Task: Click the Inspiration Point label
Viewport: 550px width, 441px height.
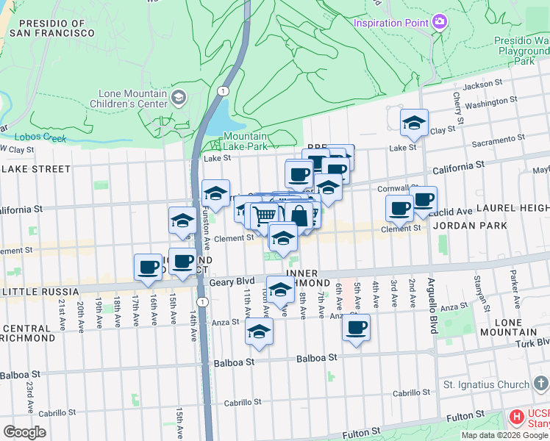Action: pos(390,23)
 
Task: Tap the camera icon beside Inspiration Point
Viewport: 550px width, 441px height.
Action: pos(440,21)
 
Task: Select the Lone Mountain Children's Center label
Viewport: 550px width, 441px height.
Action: pos(132,99)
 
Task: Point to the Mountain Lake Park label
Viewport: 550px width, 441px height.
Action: pos(246,142)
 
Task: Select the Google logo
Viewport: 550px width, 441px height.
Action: pos(24,432)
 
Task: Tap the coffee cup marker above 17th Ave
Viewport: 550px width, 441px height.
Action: pos(147,266)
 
